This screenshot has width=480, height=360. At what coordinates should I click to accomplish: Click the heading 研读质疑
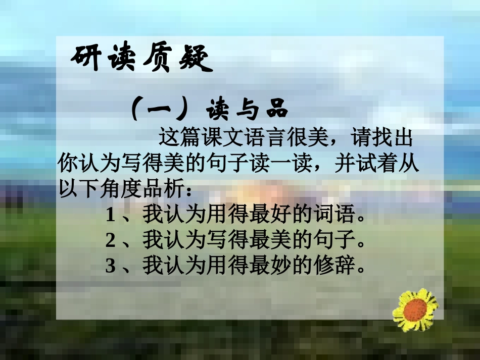[x=139, y=60]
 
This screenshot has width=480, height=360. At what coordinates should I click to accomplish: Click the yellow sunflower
[x=415, y=310]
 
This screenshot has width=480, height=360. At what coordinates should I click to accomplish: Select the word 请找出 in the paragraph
[x=384, y=137]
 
